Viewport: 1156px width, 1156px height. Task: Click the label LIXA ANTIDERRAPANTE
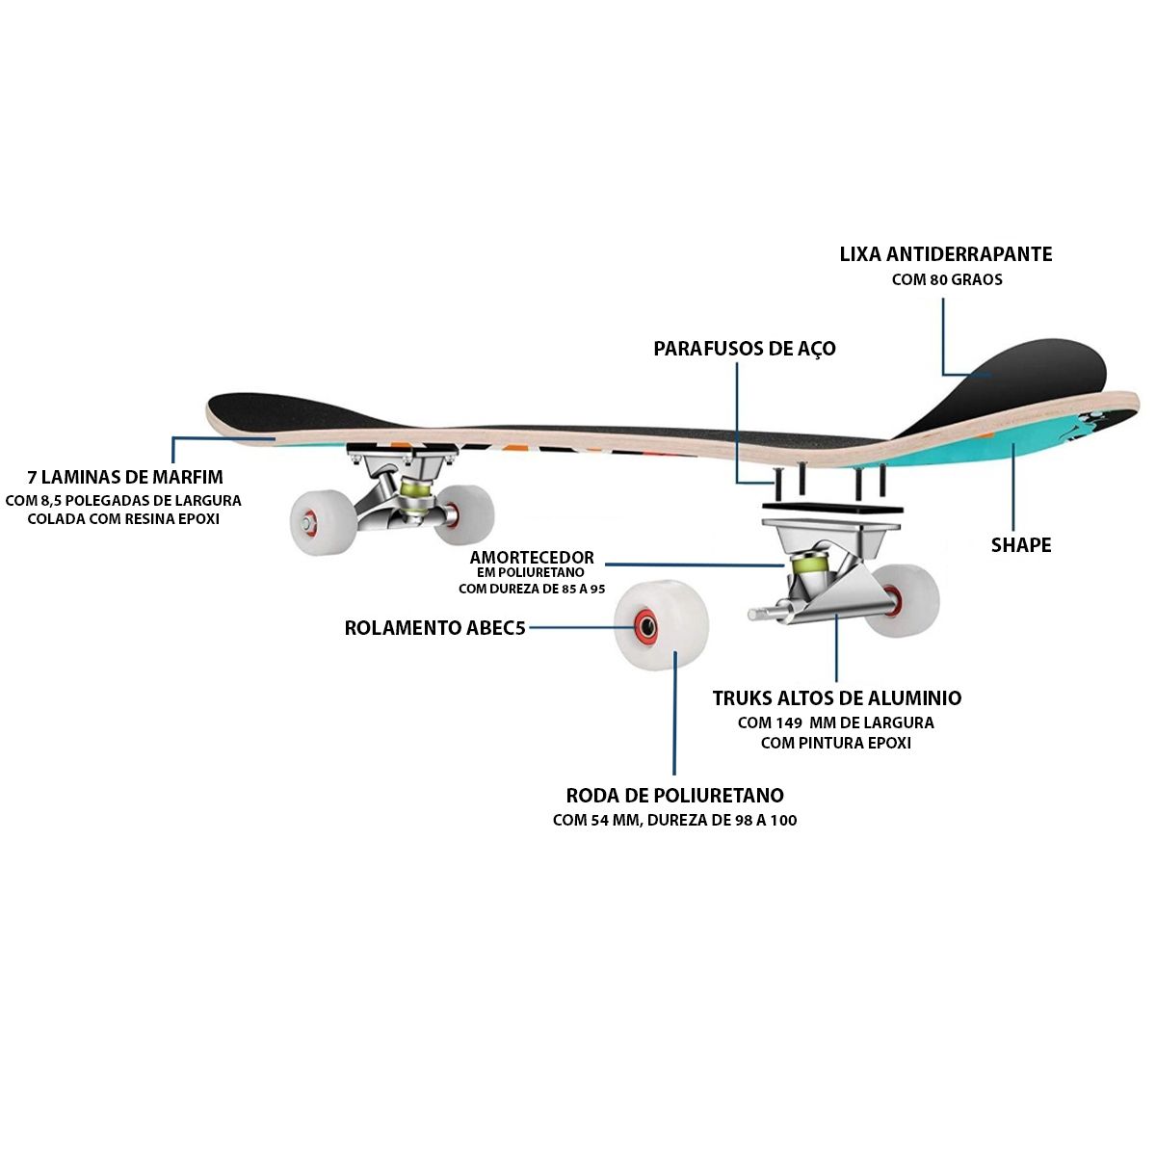pyautogui.click(x=945, y=254)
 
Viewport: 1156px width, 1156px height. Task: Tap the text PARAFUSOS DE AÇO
pyautogui.click(x=744, y=349)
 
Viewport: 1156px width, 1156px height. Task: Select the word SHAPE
pyautogui.click(x=1020, y=545)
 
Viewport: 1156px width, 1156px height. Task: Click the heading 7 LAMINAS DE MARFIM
pyautogui.click(x=125, y=477)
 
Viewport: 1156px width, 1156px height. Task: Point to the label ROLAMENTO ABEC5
pyautogui.click(x=434, y=628)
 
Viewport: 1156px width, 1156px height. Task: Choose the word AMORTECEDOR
pyautogui.click(x=532, y=558)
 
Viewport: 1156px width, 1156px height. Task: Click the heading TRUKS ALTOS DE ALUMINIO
pyautogui.click(x=836, y=698)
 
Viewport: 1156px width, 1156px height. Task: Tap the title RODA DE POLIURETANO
pyautogui.click(x=674, y=796)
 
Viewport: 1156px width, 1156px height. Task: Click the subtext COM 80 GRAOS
pyautogui.click(x=946, y=280)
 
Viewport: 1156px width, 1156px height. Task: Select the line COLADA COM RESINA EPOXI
pyautogui.click(x=123, y=519)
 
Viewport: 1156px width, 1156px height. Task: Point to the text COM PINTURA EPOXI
pyautogui.click(x=835, y=743)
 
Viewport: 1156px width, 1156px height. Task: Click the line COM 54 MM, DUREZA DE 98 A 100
pyautogui.click(x=674, y=821)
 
